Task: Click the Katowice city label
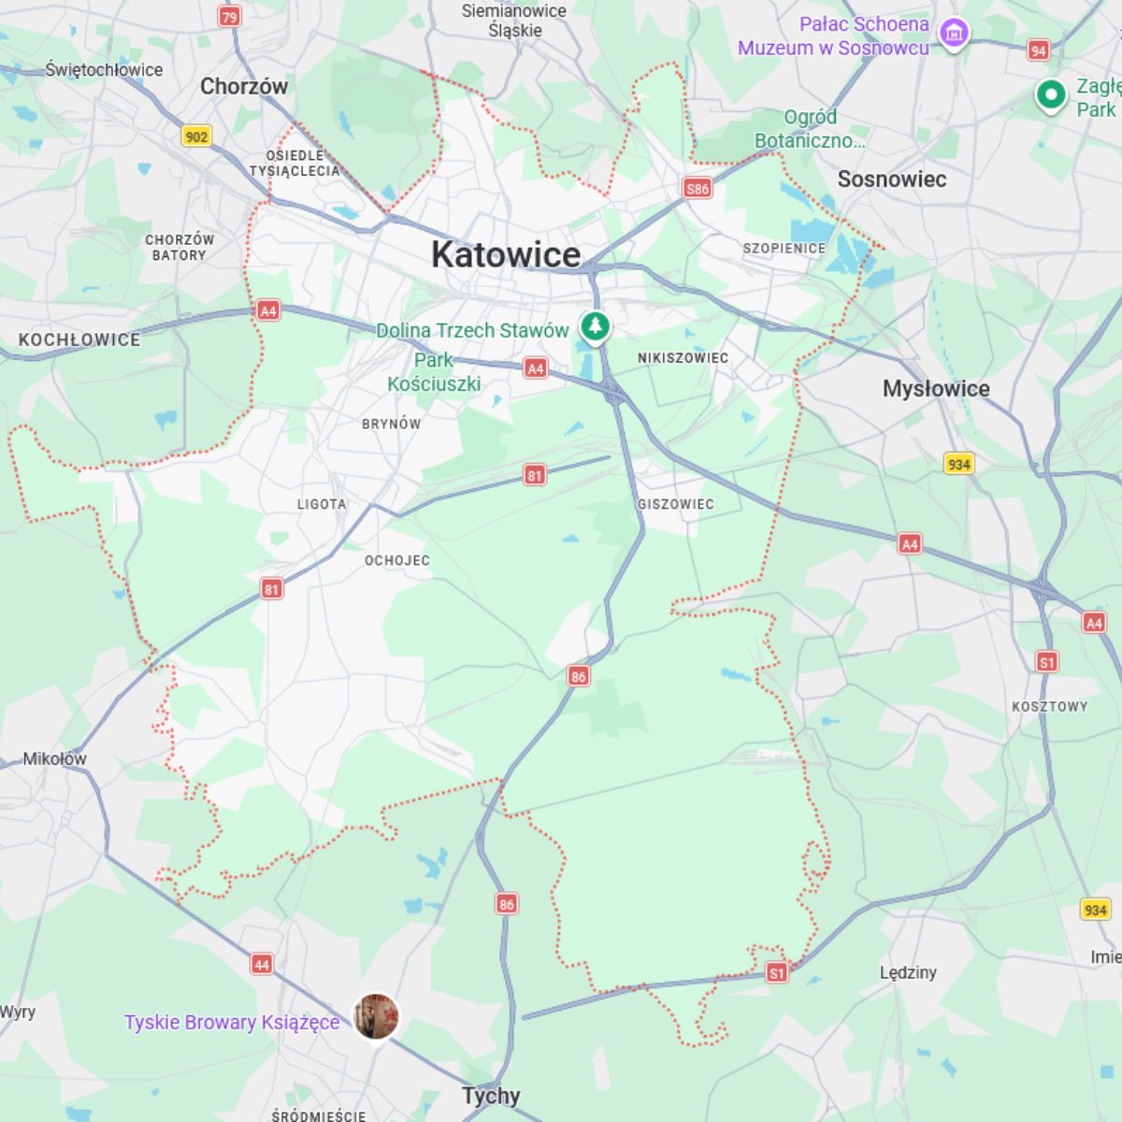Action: (x=506, y=254)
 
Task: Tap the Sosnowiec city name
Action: (x=891, y=180)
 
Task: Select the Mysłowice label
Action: (x=936, y=389)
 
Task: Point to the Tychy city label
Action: (x=491, y=1096)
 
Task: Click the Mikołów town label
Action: (x=54, y=758)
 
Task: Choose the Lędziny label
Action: (x=908, y=972)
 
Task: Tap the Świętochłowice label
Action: (x=104, y=69)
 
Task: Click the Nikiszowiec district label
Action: (x=683, y=358)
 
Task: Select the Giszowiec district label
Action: (x=675, y=504)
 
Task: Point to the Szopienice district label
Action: (x=784, y=248)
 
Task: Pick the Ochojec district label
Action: (x=397, y=560)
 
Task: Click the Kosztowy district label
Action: (x=1049, y=706)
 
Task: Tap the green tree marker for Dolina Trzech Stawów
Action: (x=595, y=327)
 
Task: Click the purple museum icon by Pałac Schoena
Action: (x=953, y=35)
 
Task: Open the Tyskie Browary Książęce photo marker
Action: (x=376, y=1016)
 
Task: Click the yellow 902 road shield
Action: (x=196, y=137)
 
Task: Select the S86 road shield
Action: (x=698, y=188)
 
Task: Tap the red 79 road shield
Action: (x=229, y=16)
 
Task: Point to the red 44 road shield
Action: (x=262, y=964)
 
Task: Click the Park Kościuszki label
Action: (x=434, y=372)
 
